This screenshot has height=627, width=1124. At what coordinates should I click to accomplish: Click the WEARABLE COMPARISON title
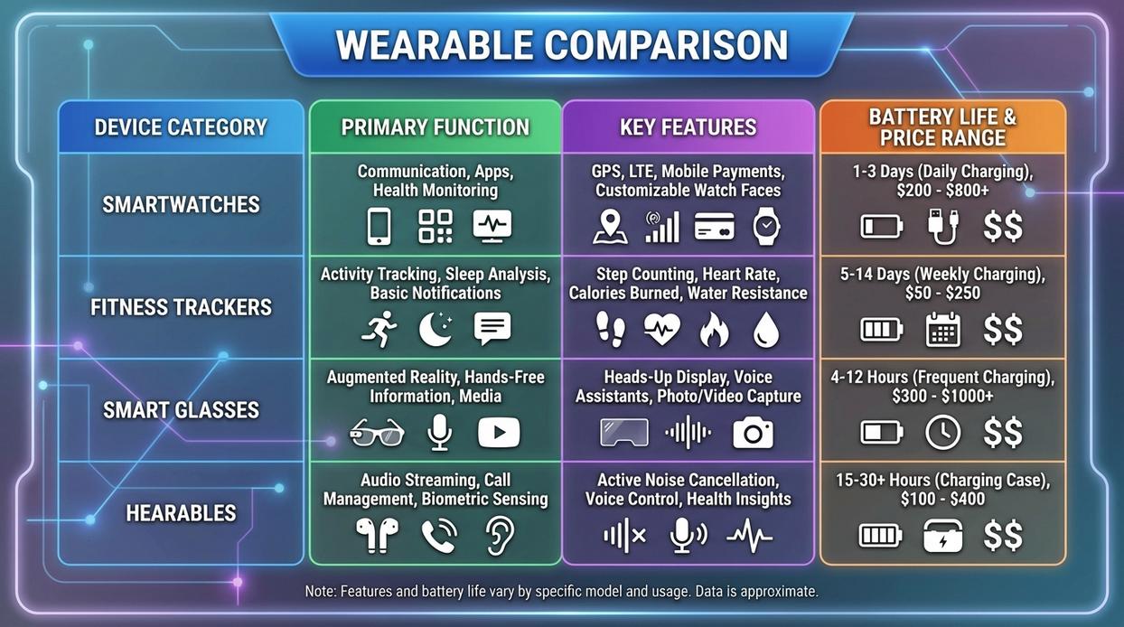[x=561, y=45]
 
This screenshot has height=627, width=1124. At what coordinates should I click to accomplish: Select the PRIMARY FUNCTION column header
[x=435, y=127]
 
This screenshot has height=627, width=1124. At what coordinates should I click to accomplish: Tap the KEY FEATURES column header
[x=688, y=127]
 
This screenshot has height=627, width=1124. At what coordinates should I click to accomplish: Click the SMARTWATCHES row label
[x=181, y=205]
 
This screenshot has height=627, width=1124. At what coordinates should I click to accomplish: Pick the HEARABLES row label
[x=181, y=513]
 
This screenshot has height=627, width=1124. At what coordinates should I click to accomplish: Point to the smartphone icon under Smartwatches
[x=379, y=227]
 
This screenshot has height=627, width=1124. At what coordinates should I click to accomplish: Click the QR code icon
[x=436, y=227]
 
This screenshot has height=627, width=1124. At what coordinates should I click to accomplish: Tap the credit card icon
[x=714, y=227]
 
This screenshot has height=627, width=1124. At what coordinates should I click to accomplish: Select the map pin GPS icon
[x=610, y=227]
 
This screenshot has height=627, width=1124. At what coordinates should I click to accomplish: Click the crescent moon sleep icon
[x=436, y=330]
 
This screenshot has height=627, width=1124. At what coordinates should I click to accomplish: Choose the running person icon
[x=379, y=330]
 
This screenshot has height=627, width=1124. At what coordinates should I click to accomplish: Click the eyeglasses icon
[x=376, y=433]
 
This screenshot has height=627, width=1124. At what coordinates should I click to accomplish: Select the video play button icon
[x=499, y=433]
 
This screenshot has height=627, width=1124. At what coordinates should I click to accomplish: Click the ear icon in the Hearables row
[x=499, y=535]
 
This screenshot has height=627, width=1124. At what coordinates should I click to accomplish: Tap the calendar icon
[x=942, y=330]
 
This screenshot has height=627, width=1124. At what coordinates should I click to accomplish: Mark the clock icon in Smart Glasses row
[x=942, y=433]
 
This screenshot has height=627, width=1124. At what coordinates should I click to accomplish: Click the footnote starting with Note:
[x=561, y=592]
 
